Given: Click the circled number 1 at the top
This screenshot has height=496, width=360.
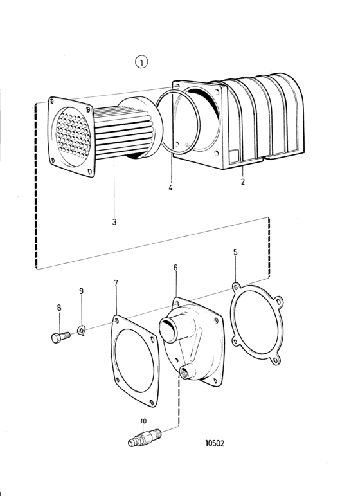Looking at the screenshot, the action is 141,62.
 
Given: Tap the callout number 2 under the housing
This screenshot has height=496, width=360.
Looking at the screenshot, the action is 243,182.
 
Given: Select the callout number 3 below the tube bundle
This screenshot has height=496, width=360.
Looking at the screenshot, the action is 114,222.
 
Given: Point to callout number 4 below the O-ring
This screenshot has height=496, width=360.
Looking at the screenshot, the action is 170,188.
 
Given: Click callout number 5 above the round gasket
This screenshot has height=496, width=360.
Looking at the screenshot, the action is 235,252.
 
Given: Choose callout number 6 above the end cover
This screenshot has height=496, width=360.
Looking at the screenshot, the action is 175,268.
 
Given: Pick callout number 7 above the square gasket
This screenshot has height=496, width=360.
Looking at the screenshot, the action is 116,283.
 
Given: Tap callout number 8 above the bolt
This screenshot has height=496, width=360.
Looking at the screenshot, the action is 59,308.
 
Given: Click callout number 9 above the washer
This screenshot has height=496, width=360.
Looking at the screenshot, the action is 81,291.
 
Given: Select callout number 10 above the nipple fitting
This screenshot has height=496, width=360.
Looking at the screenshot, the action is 143,421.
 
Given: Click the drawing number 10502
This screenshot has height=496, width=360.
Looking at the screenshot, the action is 215,443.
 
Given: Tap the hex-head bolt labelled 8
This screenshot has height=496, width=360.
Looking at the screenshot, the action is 60,337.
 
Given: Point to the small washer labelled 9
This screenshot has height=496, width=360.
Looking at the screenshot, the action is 82,331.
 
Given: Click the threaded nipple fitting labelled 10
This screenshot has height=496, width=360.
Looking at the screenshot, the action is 145,438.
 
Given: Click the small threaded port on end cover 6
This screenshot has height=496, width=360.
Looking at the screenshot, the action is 185,372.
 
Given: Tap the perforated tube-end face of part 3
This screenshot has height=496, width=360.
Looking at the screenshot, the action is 73,135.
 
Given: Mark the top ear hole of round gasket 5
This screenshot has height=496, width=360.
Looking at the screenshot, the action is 235,286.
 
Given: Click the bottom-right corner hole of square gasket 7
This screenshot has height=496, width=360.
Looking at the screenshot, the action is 152,402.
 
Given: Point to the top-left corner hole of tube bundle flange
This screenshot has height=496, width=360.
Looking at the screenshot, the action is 52,101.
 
